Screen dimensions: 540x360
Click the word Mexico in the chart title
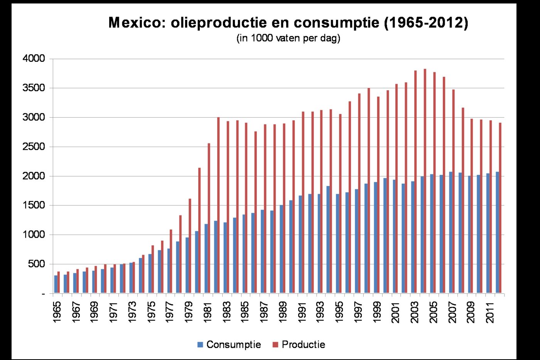138,23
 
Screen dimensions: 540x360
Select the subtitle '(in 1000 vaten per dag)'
288,38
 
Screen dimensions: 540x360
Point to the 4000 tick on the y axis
34,59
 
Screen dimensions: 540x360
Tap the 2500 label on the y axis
34,147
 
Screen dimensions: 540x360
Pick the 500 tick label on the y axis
36,264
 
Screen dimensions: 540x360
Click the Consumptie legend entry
229,345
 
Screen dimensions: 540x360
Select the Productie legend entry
299,345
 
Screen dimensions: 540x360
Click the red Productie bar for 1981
209,218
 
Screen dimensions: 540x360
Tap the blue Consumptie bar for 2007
451,232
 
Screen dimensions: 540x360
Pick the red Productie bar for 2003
415,182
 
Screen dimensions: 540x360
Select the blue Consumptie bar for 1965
56,284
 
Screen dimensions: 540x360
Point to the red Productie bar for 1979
190,246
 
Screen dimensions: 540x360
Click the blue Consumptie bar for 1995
337,243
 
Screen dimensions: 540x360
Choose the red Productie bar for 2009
472,206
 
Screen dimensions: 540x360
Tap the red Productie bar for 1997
359,193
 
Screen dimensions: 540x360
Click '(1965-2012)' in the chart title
426,23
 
